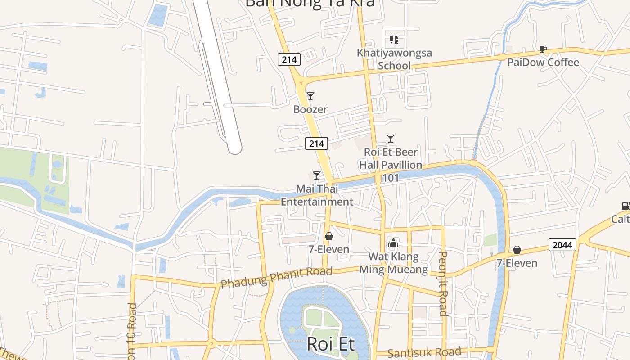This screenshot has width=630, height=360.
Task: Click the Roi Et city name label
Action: [x=331, y=344]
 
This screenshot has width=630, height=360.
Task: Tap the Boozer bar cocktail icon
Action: [x=310, y=96]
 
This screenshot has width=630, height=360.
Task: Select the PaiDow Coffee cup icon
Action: [x=543, y=49]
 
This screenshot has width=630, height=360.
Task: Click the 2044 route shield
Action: [x=562, y=245]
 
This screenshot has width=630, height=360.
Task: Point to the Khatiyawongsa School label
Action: [x=394, y=59]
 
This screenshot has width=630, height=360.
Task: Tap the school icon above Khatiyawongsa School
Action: [x=394, y=40]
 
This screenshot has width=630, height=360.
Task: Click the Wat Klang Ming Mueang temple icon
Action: [x=393, y=243]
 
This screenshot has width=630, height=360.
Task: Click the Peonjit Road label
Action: [x=443, y=283]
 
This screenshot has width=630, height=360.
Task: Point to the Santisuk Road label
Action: [x=424, y=352]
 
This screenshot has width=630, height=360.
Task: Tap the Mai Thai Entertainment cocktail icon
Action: [x=317, y=175]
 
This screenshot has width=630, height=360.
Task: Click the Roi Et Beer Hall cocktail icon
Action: [x=391, y=139]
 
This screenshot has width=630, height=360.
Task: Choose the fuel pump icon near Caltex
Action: [x=626, y=206]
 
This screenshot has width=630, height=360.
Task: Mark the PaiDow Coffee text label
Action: [x=543, y=62]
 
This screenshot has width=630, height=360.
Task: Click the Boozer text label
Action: [x=310, y=109]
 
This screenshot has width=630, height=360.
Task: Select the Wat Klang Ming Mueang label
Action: [x=393, y=263]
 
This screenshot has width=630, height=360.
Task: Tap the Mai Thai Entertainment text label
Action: [x=317, y=195]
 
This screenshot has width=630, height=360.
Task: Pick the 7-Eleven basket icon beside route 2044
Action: [x=517, y=250]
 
